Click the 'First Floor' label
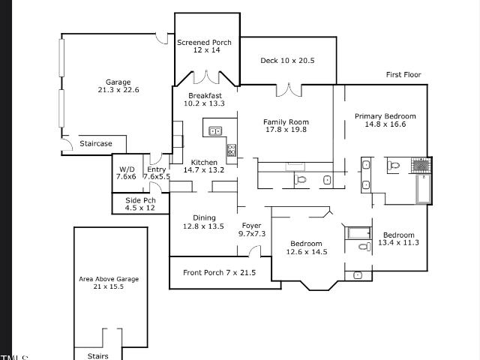pyautogui.click(x=403, y=75)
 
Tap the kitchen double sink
pyautogui.click(x=215, y=131)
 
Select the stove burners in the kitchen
pyautogui.click(x=232, y=150)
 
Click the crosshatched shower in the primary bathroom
pyautogui.click(x=421, y=165)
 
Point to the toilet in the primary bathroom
pyautogui.click(x=393, y=166)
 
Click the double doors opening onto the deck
pyautogui.click(x=289, y=90)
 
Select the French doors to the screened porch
pyautogui.click(x=206, y=77)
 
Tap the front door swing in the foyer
pyautogui.click(x=255, y=251)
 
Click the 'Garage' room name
pyautogui.click(x=118, y=82)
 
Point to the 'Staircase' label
pyautogui.click(x=96, y=143)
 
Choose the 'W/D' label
pyautogui.click(x=127, y=169)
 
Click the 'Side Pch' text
pyautogui.click(x=140, y=200)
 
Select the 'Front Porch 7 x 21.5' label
pyautogui.click(x=219, y=272)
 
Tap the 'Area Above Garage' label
pyautogui.click(x=109, y=279)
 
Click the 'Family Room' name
pyautogui.click(x=286, y=121)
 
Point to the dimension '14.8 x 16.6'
pyautogui.click(x=385, y=124)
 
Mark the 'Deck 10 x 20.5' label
pyautogui.click(x=287, y=61)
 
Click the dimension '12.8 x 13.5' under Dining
pyautogui.click(x=203, y=226)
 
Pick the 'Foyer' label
pyautogui.click(x=252, y=226)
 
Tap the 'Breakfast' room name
pyautogui.click(x=205, y=95)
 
